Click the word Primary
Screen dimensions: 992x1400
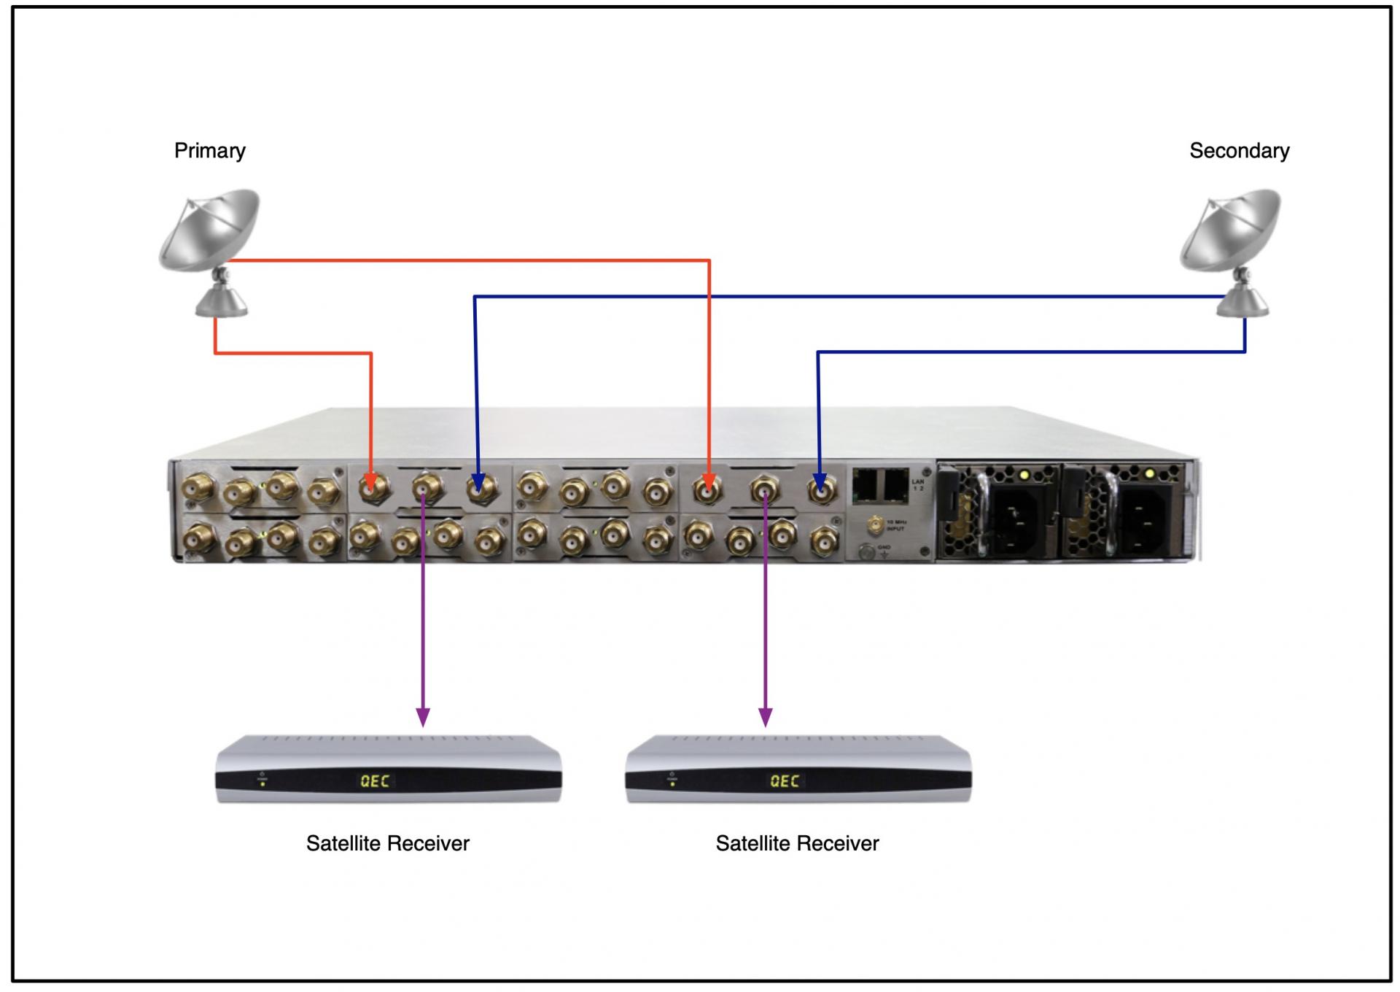(x=209, y=151)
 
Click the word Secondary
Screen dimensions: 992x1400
(x=1239, y=151)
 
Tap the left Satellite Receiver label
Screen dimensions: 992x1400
(x=387, y=844)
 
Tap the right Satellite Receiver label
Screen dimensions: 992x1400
(x=797, y=844)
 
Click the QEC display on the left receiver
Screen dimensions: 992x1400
(x=375, y=781)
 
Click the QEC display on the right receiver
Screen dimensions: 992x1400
(x=785, y=781)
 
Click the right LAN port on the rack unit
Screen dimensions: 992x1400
(x=895, y=484)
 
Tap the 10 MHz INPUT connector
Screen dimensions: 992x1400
(x=874, y=524)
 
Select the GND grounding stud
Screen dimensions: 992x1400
(x=866, y=551)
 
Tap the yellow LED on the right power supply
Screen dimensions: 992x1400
(x=1149, y=475)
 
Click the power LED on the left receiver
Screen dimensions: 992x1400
(x=262, y=784)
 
